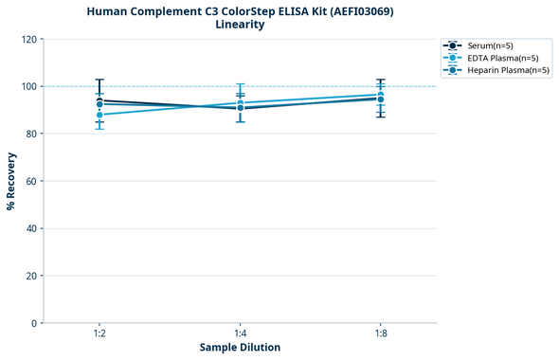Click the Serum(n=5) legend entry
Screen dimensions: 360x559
pyautogui.click(x=490, y=45)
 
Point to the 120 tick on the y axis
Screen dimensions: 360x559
pyautogui.click(x=30, y=39)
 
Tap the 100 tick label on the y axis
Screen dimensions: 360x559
pyautogui.click(x=30, y=86)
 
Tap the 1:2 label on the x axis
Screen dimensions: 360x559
pyautogui.click(x=99, y=334)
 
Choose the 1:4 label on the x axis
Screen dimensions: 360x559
pyautogui.click(x=240, y=334)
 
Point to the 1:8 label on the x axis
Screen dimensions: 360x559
pyautogui.click(x=381, y=334)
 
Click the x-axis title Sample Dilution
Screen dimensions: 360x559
pyautogui.click(x=240, y=348)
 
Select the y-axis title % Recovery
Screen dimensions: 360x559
pyautogui.click(x=11, y=181)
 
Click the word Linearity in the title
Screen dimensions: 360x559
pyautogui.click(x=240, y=25)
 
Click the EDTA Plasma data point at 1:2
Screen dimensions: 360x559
pyautogui.click(x=99, y=115)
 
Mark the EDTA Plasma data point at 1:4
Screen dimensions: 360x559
pyautogui.click(x=240, y=103)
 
